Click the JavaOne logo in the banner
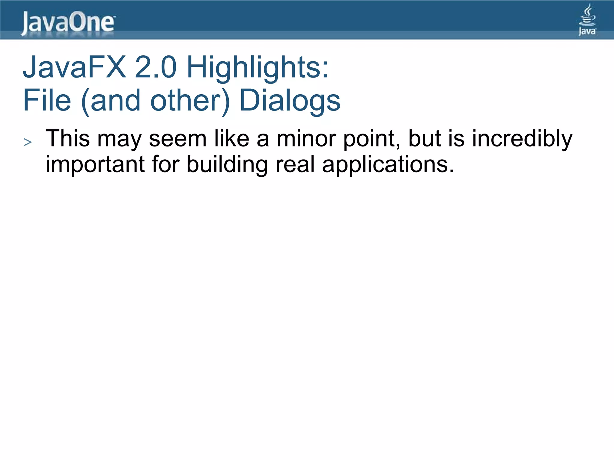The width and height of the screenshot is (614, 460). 68,23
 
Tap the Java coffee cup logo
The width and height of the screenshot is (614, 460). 587,20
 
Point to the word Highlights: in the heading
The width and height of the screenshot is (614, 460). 258,68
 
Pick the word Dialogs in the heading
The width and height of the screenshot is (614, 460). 290,101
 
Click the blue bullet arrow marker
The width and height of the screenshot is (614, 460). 28,142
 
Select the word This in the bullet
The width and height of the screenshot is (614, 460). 68,139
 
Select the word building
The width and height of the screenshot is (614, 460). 227,165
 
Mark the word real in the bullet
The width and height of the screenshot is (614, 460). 295,164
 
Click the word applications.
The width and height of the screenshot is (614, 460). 388,165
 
